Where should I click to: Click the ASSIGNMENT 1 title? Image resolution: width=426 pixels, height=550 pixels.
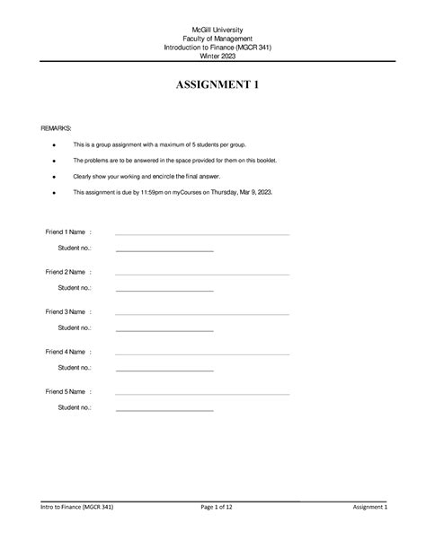(212, 86)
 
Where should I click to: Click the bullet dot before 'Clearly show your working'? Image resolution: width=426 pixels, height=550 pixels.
(55, 176)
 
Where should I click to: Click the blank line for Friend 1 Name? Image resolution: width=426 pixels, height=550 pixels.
(202, 233)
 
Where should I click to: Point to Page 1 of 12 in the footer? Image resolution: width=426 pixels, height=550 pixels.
(213, 508)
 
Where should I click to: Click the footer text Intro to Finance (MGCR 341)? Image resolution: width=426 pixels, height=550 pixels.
(75, 508)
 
